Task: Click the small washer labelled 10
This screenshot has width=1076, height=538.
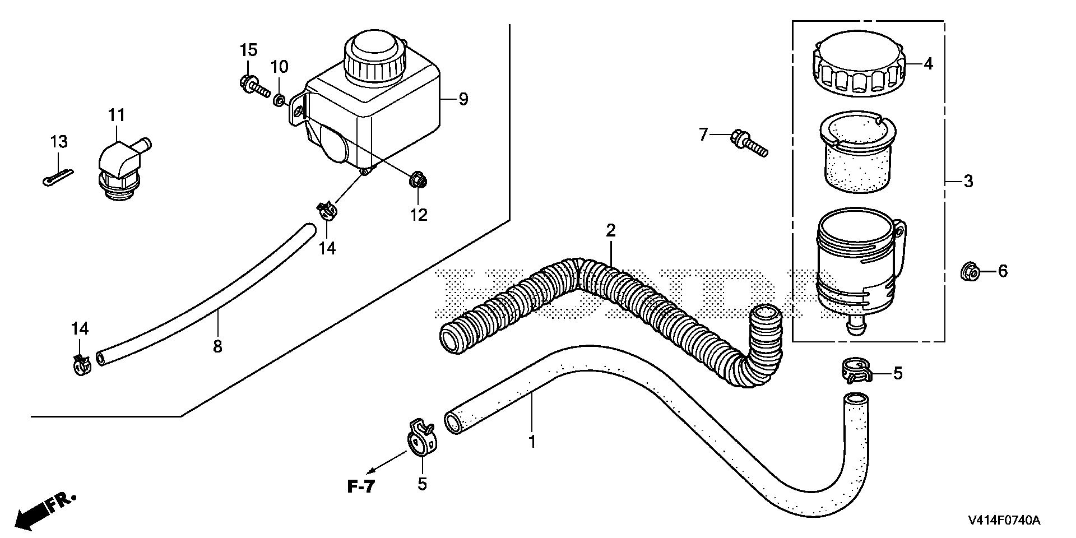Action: coord(279,101)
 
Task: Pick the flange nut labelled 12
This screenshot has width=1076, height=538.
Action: coord(418,180)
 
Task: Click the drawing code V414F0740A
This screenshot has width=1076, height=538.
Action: coord(1003,521)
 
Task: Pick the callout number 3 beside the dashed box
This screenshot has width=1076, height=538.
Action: coord(968,182)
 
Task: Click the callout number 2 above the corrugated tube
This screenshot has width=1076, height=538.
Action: coord(610,230)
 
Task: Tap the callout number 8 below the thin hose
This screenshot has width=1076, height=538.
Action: coord(217,347)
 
